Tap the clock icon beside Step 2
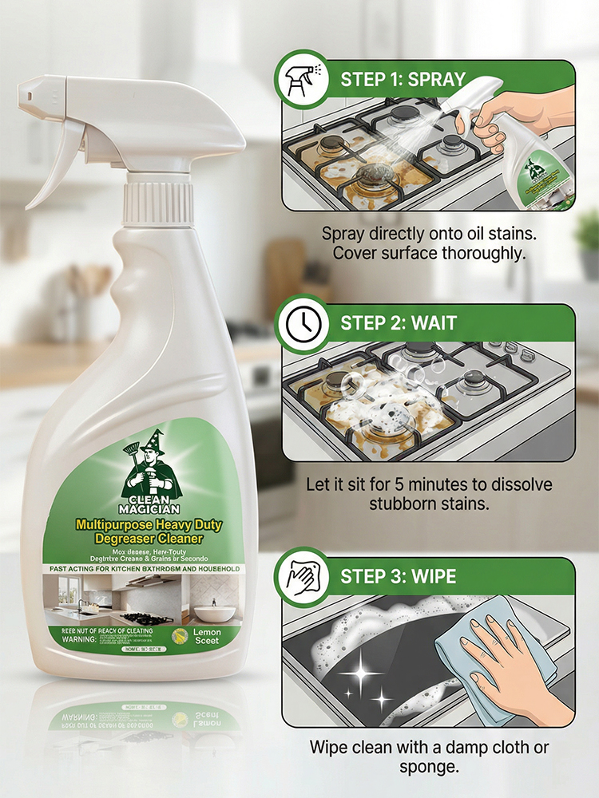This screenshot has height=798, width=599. tap(299, 323)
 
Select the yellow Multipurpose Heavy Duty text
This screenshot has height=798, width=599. tap(149, 525)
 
